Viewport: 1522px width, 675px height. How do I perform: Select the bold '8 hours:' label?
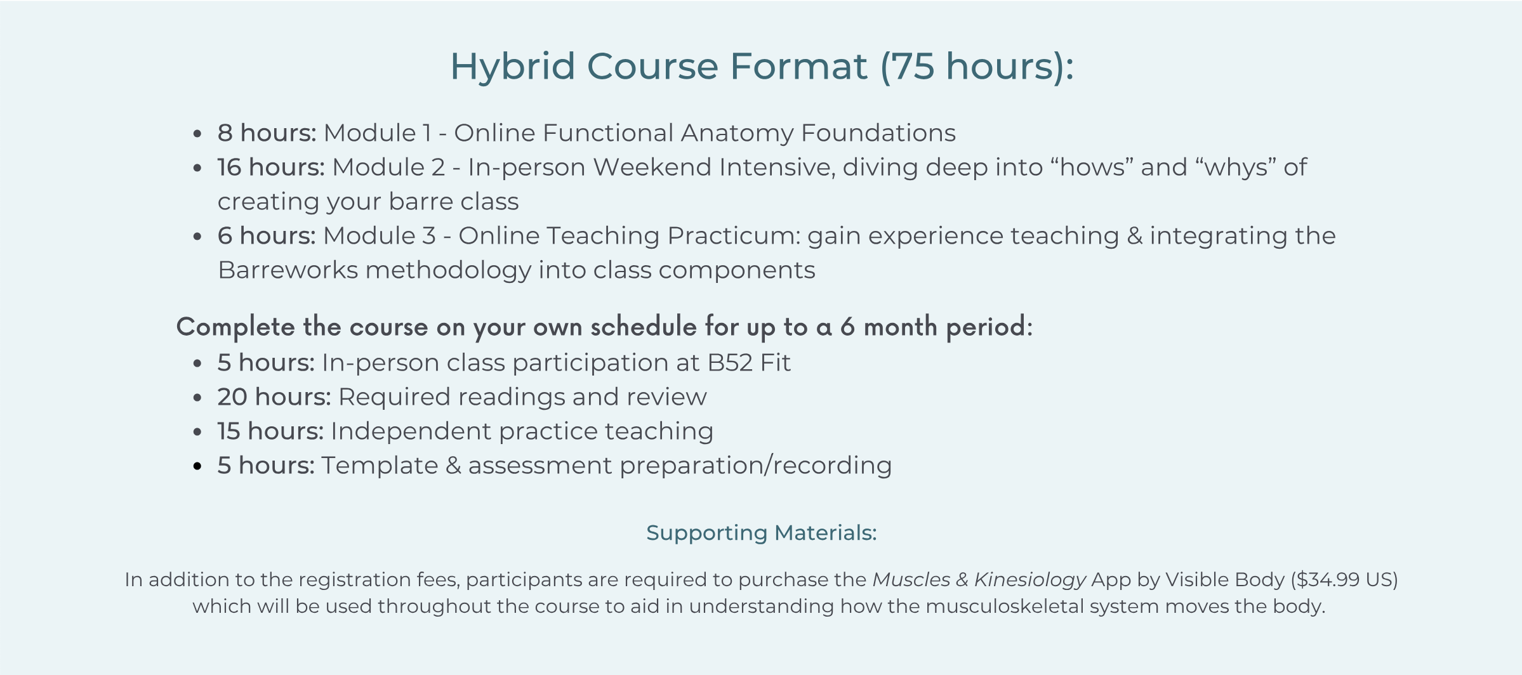[267, 133]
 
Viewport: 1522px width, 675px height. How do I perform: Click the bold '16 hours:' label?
[271, 167]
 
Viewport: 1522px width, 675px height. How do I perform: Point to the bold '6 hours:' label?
[267, 235]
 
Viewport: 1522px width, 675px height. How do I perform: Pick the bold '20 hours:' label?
[274, 396]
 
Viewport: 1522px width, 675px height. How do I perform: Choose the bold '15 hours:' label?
[270, 431]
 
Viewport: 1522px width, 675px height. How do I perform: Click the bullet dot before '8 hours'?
[197, 134]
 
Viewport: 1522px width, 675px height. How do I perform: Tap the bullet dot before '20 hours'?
[197, 398]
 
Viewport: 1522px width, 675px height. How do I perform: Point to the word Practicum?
[734, 235]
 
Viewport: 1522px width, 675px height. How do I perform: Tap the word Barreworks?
[288, 270]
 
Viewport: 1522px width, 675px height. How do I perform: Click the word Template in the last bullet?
[380, 466]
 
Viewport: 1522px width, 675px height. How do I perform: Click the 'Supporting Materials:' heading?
[762, 533]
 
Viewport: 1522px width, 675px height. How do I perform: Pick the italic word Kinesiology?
[1030, 580]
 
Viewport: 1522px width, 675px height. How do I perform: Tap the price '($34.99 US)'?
[1344, 580]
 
